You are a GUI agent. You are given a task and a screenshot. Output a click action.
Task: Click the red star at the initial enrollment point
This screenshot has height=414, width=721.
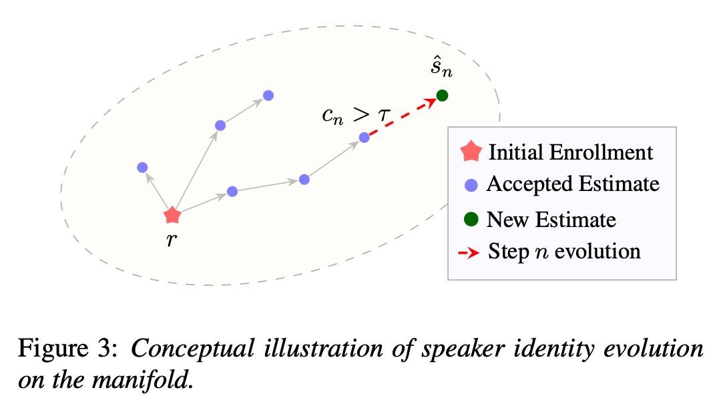pyautogui.click(x=172, y=215)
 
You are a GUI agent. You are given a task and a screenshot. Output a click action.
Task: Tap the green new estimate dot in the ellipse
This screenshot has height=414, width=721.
pyautogui.click(x=442, y=95)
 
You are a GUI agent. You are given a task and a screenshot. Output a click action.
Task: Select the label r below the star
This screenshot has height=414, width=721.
pyautogui.click(x=172, y=239)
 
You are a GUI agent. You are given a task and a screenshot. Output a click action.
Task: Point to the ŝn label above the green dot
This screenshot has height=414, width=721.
pyautogui.click(x=441, y=68)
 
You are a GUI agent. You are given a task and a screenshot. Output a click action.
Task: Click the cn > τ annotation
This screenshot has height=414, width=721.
pyautogui.click(x=356, y=115)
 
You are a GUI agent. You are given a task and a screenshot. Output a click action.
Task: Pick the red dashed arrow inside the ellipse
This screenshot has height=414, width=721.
pyautogui.click(x=403, y=116)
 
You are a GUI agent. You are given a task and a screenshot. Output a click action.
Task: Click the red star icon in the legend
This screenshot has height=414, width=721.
pyautogui.click(x=471, y=152)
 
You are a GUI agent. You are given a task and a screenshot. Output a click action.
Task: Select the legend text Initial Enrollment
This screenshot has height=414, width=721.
pyautogui.click(x=571, y=152)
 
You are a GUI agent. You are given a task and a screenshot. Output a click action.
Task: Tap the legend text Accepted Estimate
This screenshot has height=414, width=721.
pyautogui.click(x=573, y=184)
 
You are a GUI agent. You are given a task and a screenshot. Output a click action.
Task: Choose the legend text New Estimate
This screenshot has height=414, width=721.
pyautogui.click(x=551, y=220)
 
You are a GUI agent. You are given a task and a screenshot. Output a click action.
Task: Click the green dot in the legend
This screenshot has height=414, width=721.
pyautogui.click(x=471, y=219)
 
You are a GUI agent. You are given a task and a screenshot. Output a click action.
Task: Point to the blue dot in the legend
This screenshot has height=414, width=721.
pyautogui.click(x=471, y=186)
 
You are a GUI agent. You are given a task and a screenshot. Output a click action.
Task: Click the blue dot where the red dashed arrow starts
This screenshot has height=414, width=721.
pyautogui.click(x=365, y=137)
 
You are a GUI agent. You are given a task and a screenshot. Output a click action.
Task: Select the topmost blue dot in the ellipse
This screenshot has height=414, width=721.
pyautogui.click(x=268, y=95)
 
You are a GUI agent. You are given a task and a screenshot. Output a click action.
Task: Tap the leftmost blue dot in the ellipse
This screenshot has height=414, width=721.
pyautogui.click(x=143, y=168)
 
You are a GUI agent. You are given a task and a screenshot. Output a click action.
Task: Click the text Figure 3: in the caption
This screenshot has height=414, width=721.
pyautogui.click(x=68, y=348)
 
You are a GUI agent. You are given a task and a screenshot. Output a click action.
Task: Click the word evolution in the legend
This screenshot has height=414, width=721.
pyautogui.click(x=597, y=252)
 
